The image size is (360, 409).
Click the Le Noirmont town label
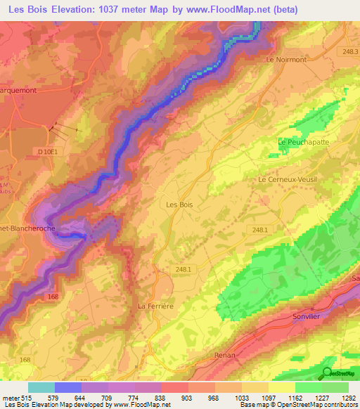(x=286, y=60)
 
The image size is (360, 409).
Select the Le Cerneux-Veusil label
(x=288, y=179)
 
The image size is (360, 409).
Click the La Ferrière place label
(x=155, y=306)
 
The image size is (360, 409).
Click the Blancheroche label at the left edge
(x=28, y=228)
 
